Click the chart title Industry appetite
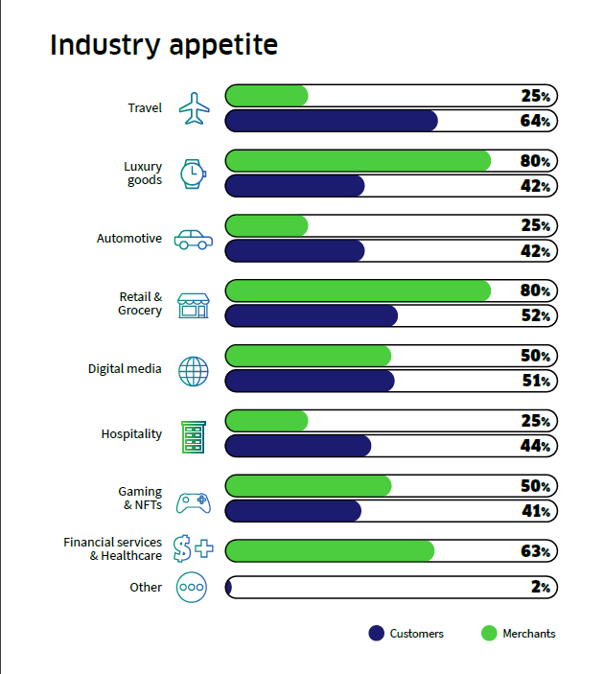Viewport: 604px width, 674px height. (164, 45)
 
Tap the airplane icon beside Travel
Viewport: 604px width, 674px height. (194, 108)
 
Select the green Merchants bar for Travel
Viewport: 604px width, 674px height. (267, 96)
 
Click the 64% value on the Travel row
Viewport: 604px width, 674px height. (535, 121)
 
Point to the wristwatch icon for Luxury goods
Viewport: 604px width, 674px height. (193, 173)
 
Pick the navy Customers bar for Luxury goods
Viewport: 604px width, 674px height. (295, 186)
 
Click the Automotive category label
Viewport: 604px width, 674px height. (129, 239)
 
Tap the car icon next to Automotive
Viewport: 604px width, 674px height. (193, 239)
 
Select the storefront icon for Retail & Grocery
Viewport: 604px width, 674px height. (193, 305)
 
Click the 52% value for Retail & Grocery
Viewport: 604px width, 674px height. (535, 315)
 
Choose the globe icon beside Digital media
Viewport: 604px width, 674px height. (193, 370)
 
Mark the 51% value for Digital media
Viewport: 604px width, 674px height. (535, 381)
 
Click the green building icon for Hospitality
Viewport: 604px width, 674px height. (193, 435)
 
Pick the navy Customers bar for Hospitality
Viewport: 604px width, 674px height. (298, 446)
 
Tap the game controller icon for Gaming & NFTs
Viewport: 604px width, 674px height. (193, 500)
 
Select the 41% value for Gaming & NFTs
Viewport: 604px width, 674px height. (535, 511)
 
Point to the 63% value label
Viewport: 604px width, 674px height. (535, 551)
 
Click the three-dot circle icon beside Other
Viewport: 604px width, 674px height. (192, 588)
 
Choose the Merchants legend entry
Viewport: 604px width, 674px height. (519, 634)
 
